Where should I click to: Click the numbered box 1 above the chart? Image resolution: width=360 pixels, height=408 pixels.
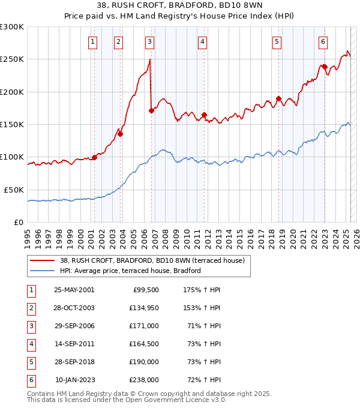coord(94,42)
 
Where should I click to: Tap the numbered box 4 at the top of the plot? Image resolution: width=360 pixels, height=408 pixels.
coord(203,42)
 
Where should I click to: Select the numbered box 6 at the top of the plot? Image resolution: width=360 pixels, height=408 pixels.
coord(323,42)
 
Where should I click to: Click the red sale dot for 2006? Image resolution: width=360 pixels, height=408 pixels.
coord(151,110)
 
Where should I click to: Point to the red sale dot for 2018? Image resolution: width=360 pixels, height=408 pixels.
coord(278,98)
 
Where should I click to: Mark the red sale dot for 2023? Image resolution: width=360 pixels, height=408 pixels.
coord(324,67)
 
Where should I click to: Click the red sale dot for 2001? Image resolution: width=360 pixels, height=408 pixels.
coord(95,158)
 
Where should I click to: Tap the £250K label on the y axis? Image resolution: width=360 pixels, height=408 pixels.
coord(12,59)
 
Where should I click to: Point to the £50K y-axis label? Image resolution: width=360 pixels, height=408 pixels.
coord(14,190)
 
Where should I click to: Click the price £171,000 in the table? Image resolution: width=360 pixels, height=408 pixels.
coord(145,326)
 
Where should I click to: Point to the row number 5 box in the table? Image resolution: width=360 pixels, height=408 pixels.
coord(31,362)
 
